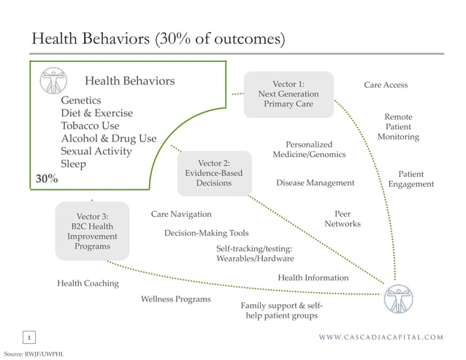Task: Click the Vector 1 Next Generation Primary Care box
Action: [x=288, y=94]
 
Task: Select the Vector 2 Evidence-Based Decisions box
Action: [x=213, y=173]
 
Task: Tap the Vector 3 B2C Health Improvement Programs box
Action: [x=92, y=231]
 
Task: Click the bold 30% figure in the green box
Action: [x=47, y=180]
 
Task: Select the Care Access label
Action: [x=386, y=85]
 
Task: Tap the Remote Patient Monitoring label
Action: [x=398, y=127]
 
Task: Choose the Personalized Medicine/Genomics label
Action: [x=309, y=150]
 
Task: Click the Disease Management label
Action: [x=315, y=183]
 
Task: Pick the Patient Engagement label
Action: [x=410, y=180]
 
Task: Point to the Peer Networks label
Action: [x=342, y=219]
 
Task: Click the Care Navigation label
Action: [x=181, y=215]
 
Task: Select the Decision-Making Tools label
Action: [x=206, y=234]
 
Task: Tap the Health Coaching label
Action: [x=88, y=283]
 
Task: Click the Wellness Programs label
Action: [x=175, y=299]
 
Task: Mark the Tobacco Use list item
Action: [x=90, y=126]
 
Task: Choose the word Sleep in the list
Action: [x=73, y=164]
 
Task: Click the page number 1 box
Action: [x=29, y=337]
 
